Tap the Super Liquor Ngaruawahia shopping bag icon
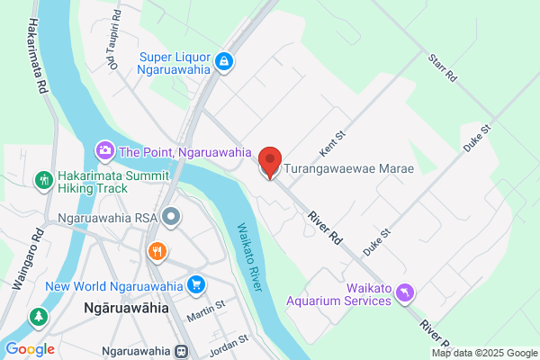[x=225, y=62]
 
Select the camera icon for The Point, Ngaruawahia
[x=104, y=149]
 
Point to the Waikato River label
[x=253, y=256]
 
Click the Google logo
[x=29, y=348]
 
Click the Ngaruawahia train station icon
[x=182, y=350]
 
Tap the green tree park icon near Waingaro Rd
[x=38, y=317]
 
